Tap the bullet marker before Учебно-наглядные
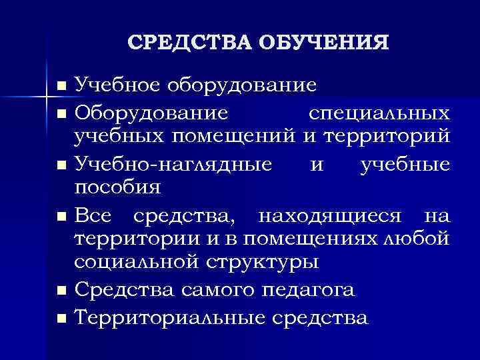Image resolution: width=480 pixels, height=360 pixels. click(x=62, y=164)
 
